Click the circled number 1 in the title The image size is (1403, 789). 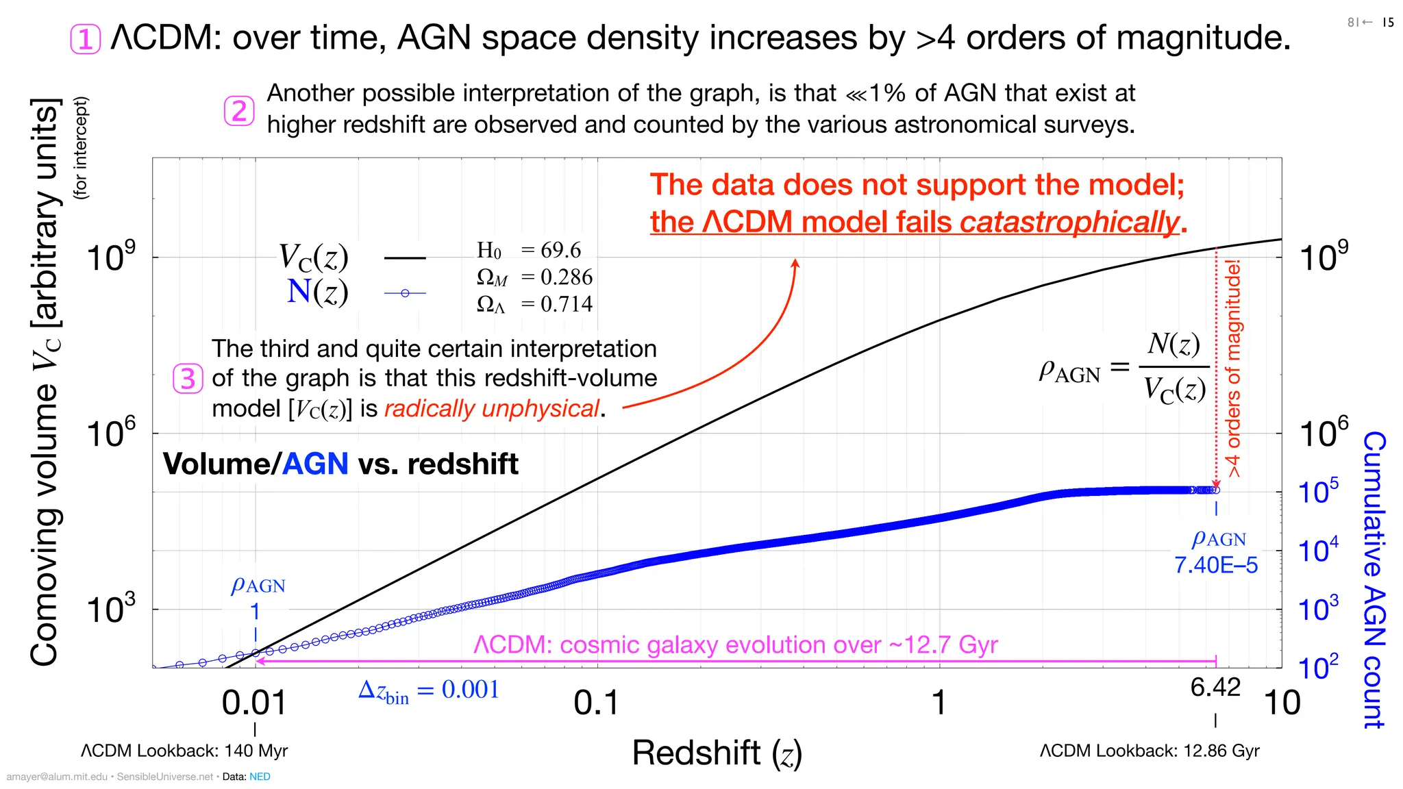tap(86, 39)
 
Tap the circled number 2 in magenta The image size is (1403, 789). tap(239, 111)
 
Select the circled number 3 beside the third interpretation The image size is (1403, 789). tap(188, 379)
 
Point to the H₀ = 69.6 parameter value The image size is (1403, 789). tap(529, 251)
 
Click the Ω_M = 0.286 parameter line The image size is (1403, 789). tap(534, 277)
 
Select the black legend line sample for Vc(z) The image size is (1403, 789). tap(405, 258)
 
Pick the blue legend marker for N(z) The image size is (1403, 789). tap(405, 293)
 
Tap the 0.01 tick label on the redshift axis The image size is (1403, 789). tap(254, 703)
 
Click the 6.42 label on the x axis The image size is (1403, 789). tap(1215, 687)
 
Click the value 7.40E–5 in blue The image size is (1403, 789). tap(1216, 565)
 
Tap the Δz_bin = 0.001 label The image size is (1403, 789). tap(429, 690)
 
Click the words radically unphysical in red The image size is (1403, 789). tap(492, 409)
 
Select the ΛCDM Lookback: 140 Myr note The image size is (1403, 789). tap(184, 751)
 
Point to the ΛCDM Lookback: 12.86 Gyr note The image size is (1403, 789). tap(1149, 751)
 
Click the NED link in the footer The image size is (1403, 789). tap(260, 777)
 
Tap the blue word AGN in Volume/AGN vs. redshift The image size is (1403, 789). tap(315, 464)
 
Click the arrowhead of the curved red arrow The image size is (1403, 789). tap(795, 263)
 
